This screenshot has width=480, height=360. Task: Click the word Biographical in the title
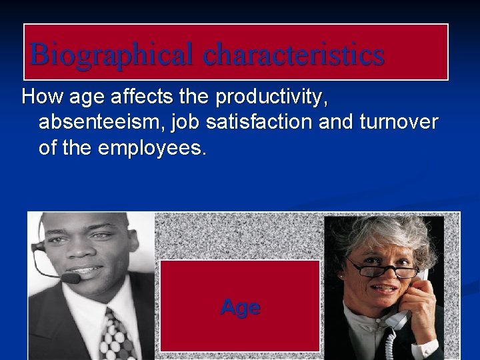coord(113,55)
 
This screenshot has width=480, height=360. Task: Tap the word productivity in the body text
coord(271,97)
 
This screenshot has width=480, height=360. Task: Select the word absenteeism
coord(98,122)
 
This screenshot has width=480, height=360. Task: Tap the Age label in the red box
coord(240,307)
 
